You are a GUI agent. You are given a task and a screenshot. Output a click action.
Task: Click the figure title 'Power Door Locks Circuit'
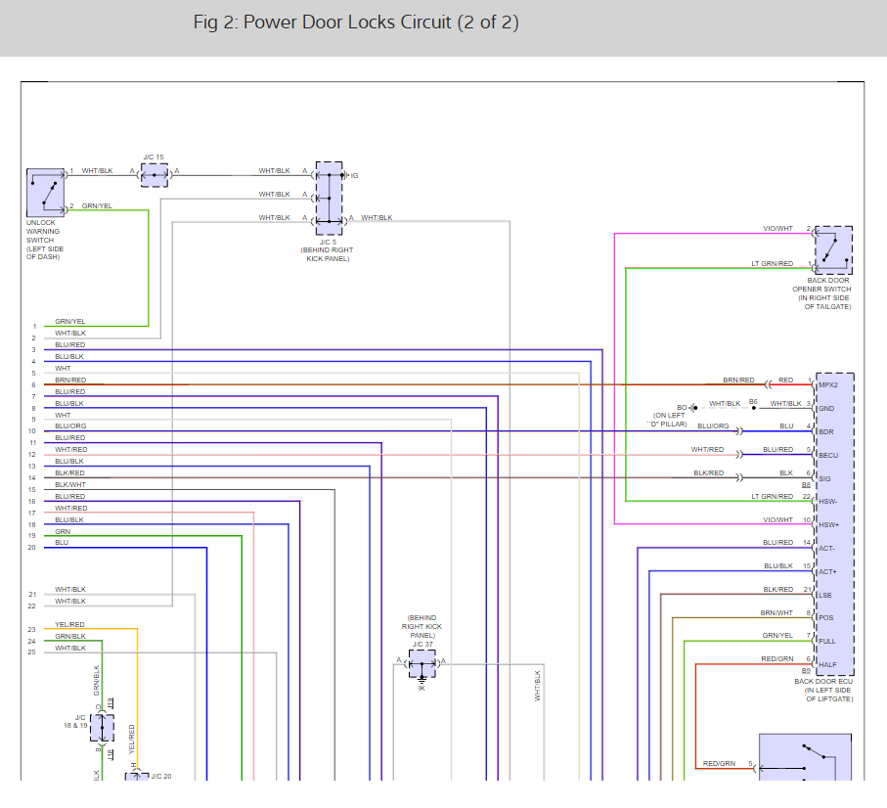coord(356,22)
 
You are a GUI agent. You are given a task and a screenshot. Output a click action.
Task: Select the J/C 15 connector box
coord(155,175)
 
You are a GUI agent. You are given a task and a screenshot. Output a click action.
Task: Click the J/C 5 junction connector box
coord(330,198)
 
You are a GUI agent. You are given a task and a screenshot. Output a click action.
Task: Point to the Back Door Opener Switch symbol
coord(833,250)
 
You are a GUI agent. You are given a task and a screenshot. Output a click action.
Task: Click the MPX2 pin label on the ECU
coord(827,385)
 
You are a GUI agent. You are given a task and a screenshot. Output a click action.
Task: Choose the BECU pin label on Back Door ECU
coord(828,455)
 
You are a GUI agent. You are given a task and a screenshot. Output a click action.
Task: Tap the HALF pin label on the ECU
coord(828,664)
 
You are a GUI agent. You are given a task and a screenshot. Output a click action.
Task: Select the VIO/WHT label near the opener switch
coord(777,229)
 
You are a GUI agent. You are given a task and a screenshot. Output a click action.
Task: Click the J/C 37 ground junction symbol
coord(422,667)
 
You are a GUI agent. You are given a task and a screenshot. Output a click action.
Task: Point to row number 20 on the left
coord(31,548)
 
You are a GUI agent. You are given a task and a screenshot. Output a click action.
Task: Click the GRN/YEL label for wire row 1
coord(69,322)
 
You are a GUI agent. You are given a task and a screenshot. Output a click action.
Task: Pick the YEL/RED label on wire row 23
coord(69,624)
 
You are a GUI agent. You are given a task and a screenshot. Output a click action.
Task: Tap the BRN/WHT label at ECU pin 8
coord(777,613)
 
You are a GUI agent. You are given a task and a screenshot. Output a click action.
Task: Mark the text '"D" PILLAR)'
coord(668,424)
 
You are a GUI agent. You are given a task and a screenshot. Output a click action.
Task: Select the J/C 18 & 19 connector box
coord(102,728)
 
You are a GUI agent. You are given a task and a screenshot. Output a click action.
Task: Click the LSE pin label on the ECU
coord(826,595)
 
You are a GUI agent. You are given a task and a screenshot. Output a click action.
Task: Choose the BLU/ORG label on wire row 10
coord(70,426)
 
